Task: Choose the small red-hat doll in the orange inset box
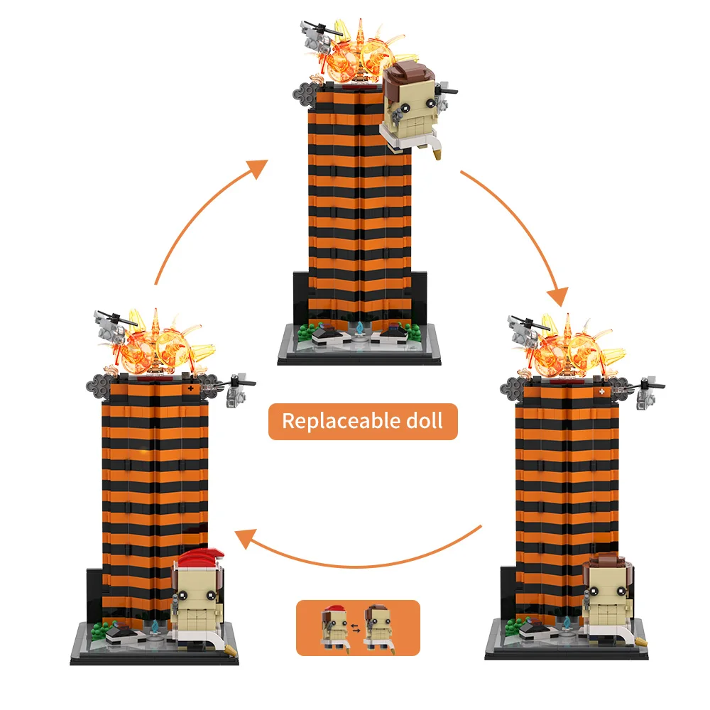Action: [334, 627]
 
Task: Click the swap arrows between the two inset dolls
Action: [356, 628]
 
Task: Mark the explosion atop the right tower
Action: [572, 346]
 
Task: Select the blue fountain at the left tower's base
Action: [155, 627]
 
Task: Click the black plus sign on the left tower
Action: [190, 388]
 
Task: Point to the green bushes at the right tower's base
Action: [512, 626]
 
